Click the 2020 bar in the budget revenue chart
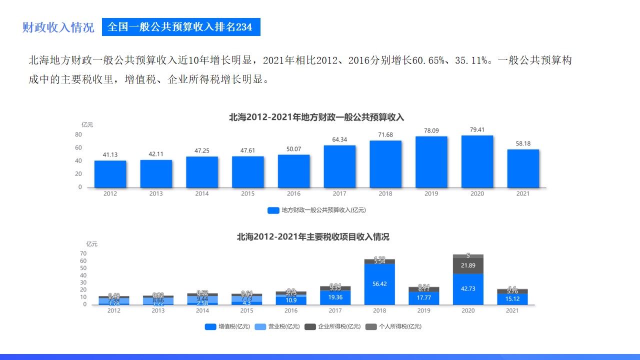point(477,161)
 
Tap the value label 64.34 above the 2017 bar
point(339,139)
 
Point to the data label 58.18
point(523,143)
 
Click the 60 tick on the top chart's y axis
point(78,147)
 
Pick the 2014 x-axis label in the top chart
point(202,194)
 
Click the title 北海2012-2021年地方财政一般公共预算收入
point(316,117)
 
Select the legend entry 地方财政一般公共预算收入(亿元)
point(317,210)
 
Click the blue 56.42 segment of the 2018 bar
point(379,284)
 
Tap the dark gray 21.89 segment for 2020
point(468,265)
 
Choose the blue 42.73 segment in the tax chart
point(468,289)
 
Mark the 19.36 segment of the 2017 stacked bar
point(335,297)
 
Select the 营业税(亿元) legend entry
point(277,327)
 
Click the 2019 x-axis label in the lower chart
point(423,310)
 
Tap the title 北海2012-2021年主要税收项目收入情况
point(313,237)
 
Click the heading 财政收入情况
point(58,27)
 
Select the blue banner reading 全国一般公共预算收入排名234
point(181,27)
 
